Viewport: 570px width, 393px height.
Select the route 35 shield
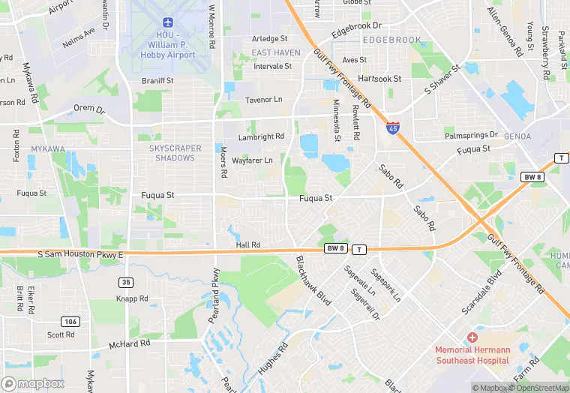coord(126,282)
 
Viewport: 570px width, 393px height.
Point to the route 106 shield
coord(70,322)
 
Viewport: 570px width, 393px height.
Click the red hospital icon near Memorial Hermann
coord(472,338)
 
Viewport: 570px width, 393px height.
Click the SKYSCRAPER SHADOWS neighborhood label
coord(175,153)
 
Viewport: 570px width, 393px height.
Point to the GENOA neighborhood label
coord(518,136)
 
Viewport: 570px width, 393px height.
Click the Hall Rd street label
coord(247,244)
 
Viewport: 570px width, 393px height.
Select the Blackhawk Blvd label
coord(313,280)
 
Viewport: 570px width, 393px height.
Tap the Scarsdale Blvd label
coord(482,292)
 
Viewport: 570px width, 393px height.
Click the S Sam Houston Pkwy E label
coord(79,256)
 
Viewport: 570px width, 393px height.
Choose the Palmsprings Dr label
coord(471,135)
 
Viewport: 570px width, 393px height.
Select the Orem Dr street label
coord(89,109)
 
